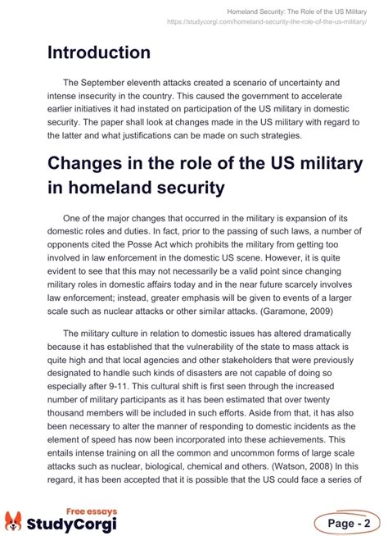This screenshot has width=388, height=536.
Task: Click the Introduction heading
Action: (x=98, y=52)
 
